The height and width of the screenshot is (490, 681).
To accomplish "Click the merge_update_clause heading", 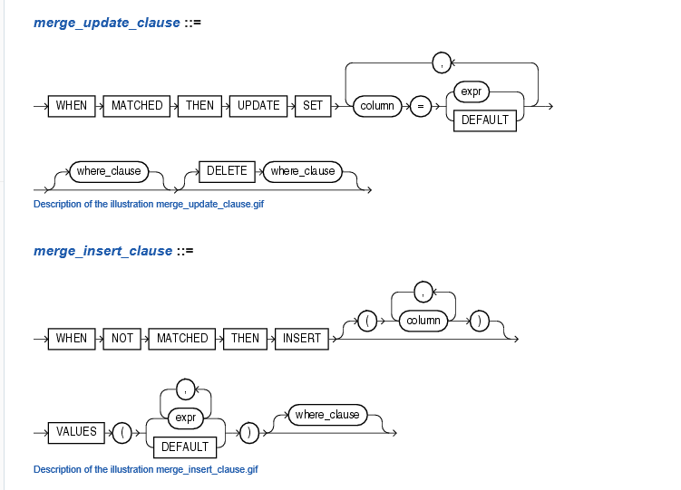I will click(107, 23).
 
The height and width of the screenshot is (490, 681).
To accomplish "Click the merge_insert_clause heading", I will click(102, 250).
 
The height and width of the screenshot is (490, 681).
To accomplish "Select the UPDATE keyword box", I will click(258, 106).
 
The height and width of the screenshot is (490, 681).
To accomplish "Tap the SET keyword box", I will click(313, 106).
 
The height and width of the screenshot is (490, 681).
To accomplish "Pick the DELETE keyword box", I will click(227, 170).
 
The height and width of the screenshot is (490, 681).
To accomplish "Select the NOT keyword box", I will click(122, 338).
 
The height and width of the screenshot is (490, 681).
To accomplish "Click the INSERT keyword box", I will click(301, 338).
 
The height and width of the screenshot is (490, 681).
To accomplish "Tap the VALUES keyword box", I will click(76, 432).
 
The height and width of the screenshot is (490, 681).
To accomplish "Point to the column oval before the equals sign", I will click(377, 106).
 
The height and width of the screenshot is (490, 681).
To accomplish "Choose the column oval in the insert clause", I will click(423, 321).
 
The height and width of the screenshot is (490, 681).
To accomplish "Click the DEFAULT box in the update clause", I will click(486, 120).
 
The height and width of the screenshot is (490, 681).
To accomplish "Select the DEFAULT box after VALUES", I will click(185, 447).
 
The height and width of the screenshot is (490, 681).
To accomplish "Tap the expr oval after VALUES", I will click(186, 418).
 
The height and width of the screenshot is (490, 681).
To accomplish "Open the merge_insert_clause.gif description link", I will click(146, 469).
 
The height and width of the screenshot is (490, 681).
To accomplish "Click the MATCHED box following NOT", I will click(182, 338).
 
